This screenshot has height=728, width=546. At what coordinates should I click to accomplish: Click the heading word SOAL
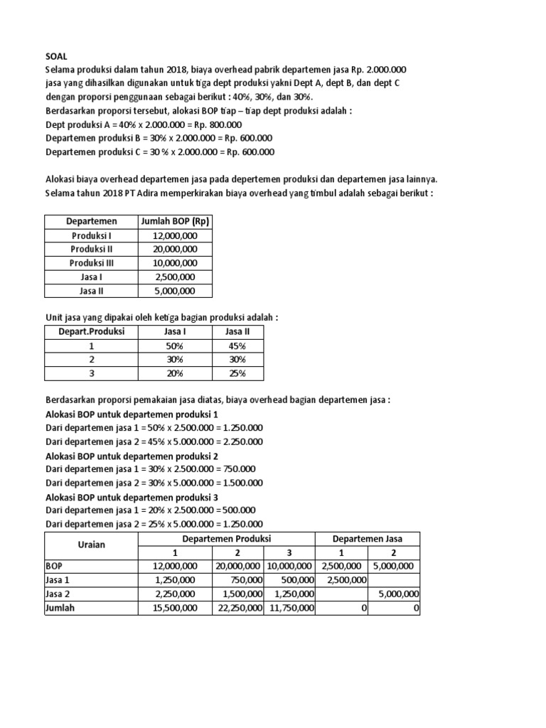(x=57, y=56)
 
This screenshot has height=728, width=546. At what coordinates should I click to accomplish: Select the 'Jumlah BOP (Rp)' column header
(x=175, y=221)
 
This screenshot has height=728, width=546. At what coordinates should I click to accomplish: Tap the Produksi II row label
(x=92, y=249)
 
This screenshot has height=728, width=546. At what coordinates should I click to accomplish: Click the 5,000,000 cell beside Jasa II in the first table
(x=175, y=291)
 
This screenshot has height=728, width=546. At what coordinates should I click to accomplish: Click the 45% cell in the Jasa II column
(x=237, y=346)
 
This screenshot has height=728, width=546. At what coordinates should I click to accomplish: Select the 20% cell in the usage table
(x=174, y=373)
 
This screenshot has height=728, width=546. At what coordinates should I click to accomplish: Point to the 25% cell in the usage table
(x=237, y=373)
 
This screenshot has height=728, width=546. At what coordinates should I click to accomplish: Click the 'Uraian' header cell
(x=91, y=545)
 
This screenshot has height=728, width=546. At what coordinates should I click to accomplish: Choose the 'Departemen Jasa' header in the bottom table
(x=368, y=539)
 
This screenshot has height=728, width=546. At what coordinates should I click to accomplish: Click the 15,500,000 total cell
(x=173, y=608)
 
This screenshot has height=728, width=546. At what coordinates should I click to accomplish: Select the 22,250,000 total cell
(x=238, y=608)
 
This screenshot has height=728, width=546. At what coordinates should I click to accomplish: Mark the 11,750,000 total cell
(x=289, y=608)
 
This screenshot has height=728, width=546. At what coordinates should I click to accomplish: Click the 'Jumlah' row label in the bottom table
(x=60, y=608)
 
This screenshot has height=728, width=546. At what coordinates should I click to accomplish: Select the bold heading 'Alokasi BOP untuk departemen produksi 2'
(x=132, y=456)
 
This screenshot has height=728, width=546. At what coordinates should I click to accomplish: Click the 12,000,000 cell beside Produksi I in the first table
(x=175, y=235)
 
